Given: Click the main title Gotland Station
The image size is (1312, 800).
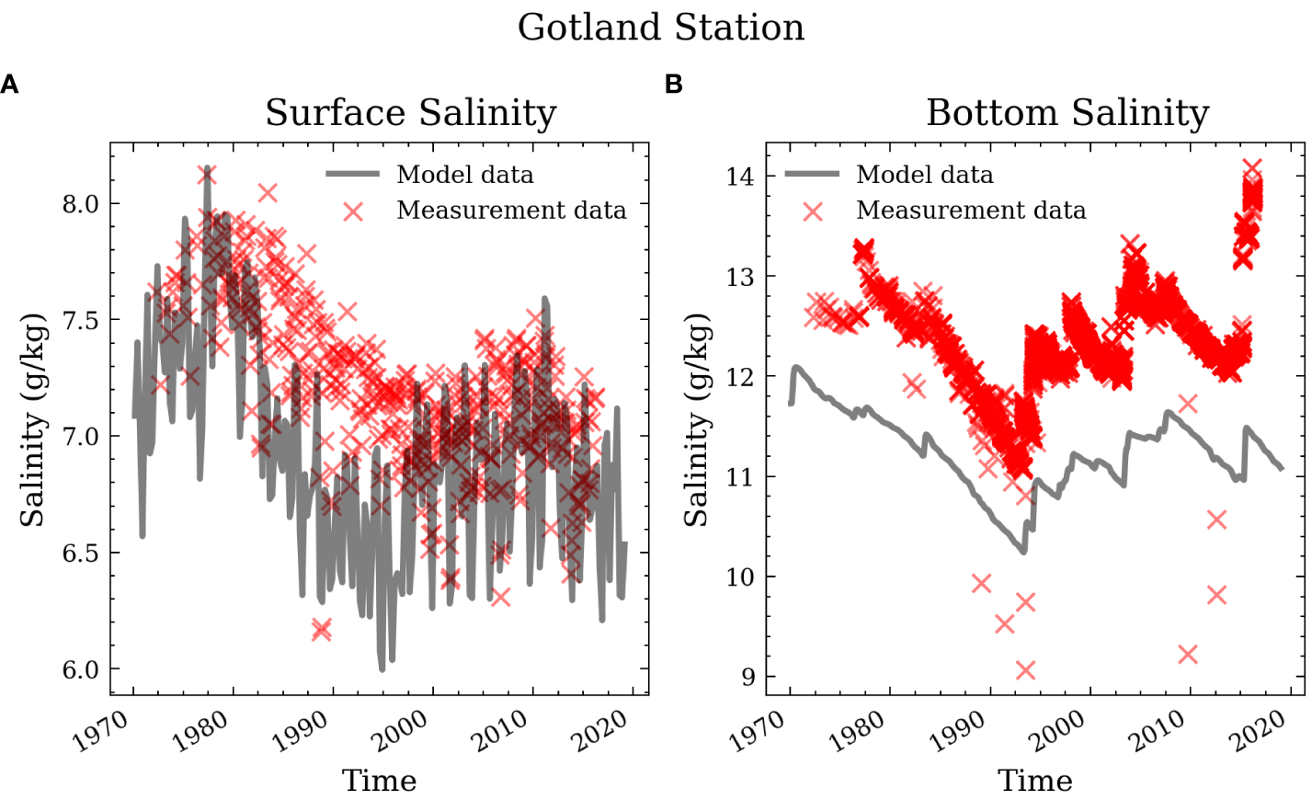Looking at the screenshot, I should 660,28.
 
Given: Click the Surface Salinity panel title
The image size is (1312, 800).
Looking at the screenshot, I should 411,113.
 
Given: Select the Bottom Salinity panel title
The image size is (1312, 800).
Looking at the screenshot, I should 1067,113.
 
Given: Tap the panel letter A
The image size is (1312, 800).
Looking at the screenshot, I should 10,85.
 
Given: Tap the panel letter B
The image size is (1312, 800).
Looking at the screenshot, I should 673,85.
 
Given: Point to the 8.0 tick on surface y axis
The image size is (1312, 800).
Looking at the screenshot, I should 80,204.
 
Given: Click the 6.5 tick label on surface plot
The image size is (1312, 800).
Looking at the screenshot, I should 80,554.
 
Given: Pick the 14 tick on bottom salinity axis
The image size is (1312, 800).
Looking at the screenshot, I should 739,177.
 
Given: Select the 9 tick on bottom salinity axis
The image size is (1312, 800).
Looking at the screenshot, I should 747,678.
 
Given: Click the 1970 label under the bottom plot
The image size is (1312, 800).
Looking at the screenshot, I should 759,733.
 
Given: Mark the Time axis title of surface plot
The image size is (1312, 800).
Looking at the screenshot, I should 379,781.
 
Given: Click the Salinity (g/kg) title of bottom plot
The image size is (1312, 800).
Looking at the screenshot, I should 696,420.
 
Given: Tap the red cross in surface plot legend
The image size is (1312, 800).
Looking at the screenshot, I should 353,211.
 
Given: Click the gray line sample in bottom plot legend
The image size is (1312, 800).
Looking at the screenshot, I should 812,174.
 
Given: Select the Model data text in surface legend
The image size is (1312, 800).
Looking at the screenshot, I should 464,175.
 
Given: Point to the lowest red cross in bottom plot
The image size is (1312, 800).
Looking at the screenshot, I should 1025,670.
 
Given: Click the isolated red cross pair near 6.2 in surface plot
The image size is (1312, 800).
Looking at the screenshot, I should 321,630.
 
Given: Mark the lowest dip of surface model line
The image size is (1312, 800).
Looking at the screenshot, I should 382,669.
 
